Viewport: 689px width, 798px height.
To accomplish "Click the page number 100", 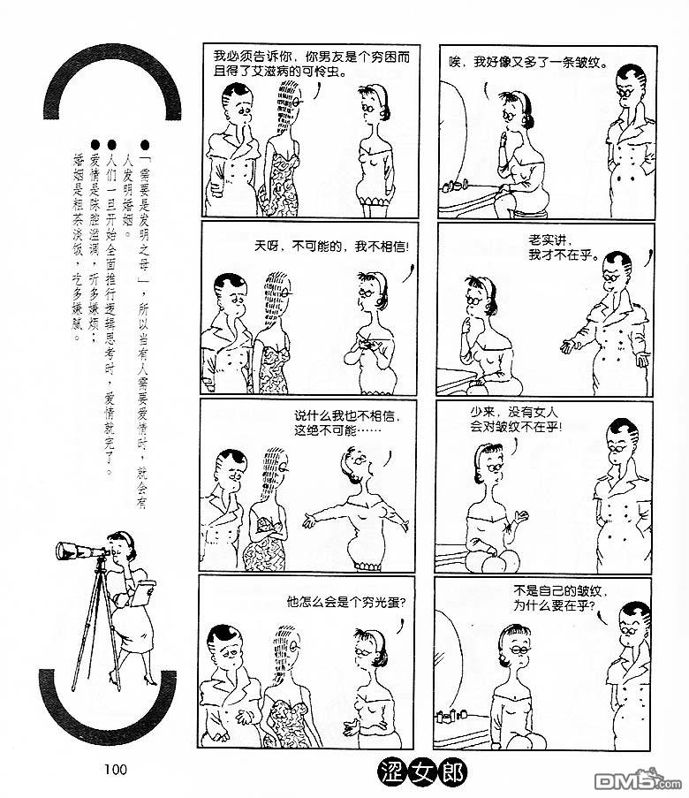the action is [x=116, y=769].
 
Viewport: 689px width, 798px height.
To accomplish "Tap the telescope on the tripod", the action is [x=81, y=551].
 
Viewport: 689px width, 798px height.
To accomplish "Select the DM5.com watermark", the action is [x=637, y=779].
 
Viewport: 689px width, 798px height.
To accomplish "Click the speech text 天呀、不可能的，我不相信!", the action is [x=331, y=247].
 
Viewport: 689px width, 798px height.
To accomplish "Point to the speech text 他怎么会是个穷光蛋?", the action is [x=346, y=603].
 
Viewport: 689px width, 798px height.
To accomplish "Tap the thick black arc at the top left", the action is [x=113, y=58].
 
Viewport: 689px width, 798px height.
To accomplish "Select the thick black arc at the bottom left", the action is [x=107, y=723].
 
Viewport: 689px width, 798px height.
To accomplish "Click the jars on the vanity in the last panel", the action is [x=452, y=717].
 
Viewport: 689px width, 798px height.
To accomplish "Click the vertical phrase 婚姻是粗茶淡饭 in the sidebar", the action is [x=78, y=215].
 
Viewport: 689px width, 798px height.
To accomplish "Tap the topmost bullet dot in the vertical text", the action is [x=145, y=146].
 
